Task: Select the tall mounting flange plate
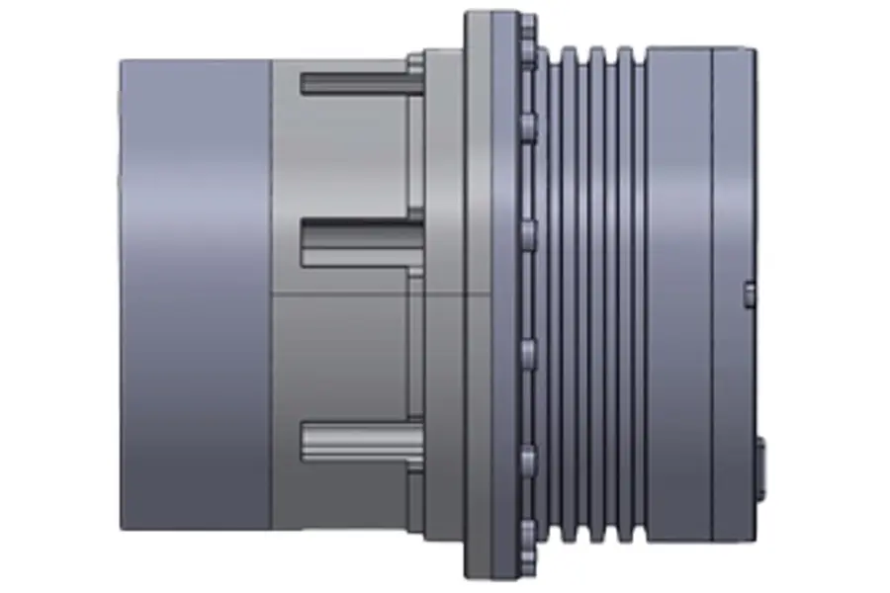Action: click(479, 296)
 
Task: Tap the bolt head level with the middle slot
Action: click(528, 232)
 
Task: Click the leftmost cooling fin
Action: click(555, 296)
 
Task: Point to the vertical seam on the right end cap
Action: click(712, 296)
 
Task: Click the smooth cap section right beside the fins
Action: click(678, 296)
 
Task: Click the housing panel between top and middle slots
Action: click(346, 158)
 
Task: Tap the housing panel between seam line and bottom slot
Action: click(346, 356)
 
